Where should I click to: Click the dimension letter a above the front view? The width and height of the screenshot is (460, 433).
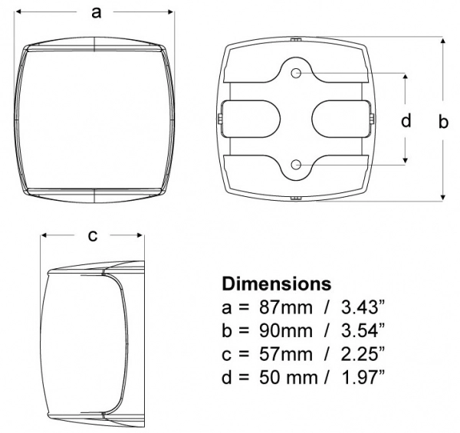[x=97, y=13]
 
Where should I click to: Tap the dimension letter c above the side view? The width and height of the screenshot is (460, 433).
[x=93, y=236]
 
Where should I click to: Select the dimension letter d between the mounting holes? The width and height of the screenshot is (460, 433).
[x=406, y=120]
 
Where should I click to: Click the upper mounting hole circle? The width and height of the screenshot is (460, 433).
[x=296, y=73]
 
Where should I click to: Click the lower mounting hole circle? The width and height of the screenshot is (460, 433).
[x=296, y=165]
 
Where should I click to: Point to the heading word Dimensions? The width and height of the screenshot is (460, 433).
[x=277, y=284]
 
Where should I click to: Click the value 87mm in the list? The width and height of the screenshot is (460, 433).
[x=286, y=308]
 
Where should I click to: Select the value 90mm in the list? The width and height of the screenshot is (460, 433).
[x=286, y=331]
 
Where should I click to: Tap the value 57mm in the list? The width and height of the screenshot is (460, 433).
[x=286, y=354]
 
